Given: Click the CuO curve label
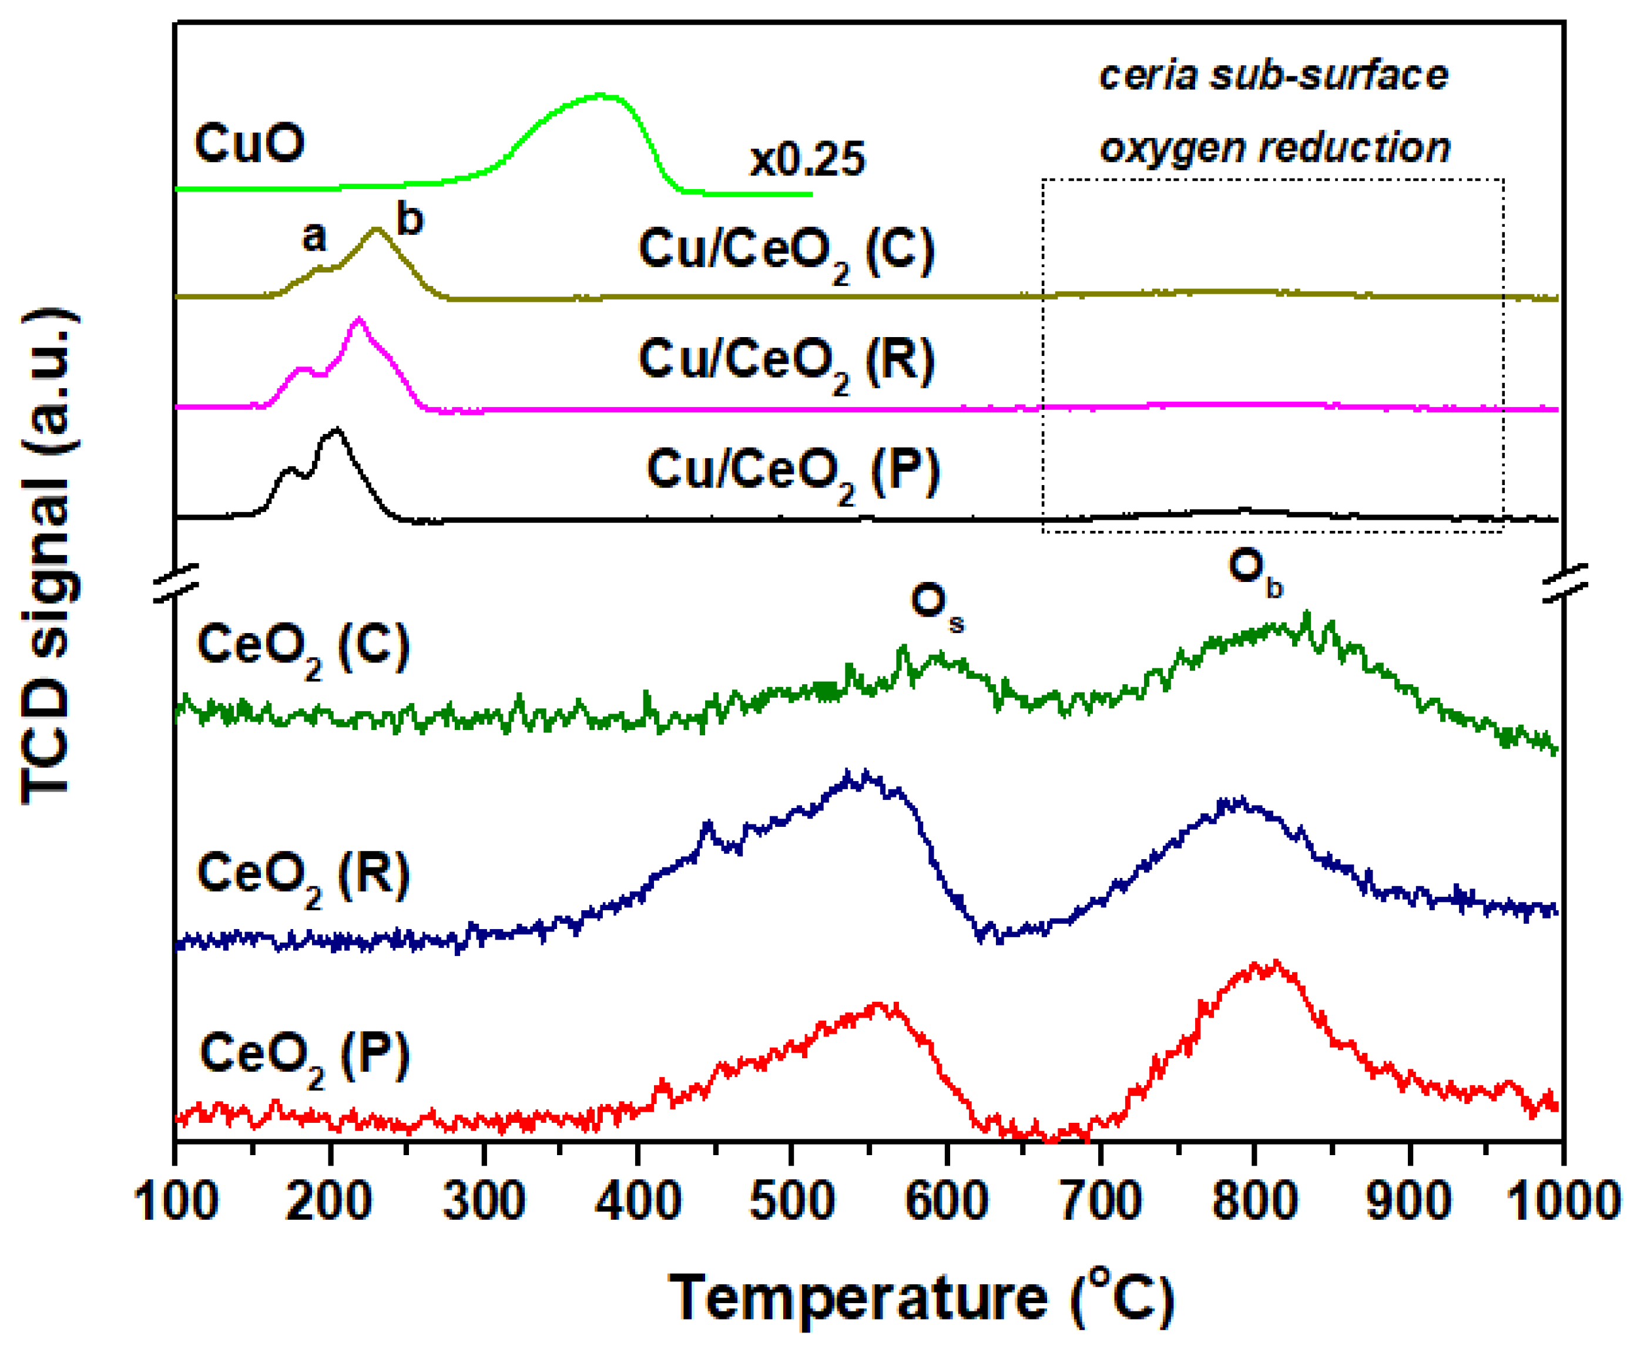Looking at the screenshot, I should pos(249,144).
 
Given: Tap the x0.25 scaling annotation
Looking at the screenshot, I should pos(807,160).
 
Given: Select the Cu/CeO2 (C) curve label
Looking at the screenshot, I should pos(786,254).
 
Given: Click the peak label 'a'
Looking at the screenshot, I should pos(314,237).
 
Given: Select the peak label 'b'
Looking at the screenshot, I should pos(410,220).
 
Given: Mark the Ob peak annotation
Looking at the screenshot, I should pos(1254,571).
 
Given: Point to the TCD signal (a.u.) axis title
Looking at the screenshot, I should pos(48,557).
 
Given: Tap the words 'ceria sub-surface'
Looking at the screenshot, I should pos(1274,76).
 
